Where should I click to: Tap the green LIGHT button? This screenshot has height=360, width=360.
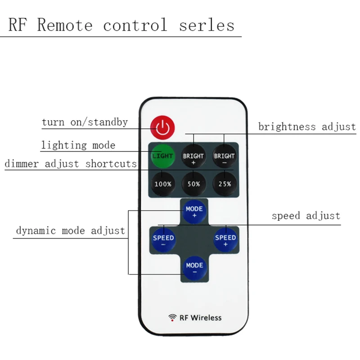(x=162, y=156)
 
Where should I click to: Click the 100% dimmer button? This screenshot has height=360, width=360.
(x=162, y=184)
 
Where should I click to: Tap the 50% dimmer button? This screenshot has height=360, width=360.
(x=193, y=184)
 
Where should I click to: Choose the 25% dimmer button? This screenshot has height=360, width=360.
(x=224, y=184)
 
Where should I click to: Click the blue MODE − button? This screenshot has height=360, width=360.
(x=194, y=268)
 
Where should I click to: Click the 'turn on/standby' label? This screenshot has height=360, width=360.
(x=85, y=122)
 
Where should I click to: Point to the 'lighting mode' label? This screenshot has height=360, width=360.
(x=78, y=145)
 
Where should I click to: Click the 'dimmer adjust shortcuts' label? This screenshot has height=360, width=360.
(x=71, y=163)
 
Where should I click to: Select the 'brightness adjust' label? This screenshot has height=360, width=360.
(x=307, y=126)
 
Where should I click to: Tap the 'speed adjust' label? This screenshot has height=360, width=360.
(x=306, y=216)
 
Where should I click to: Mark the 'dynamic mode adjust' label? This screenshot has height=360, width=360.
(x=71, y=231)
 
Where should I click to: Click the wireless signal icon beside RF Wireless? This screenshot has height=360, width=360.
(x=172, y=318)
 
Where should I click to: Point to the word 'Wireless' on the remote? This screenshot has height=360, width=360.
(x=206, y=317)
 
